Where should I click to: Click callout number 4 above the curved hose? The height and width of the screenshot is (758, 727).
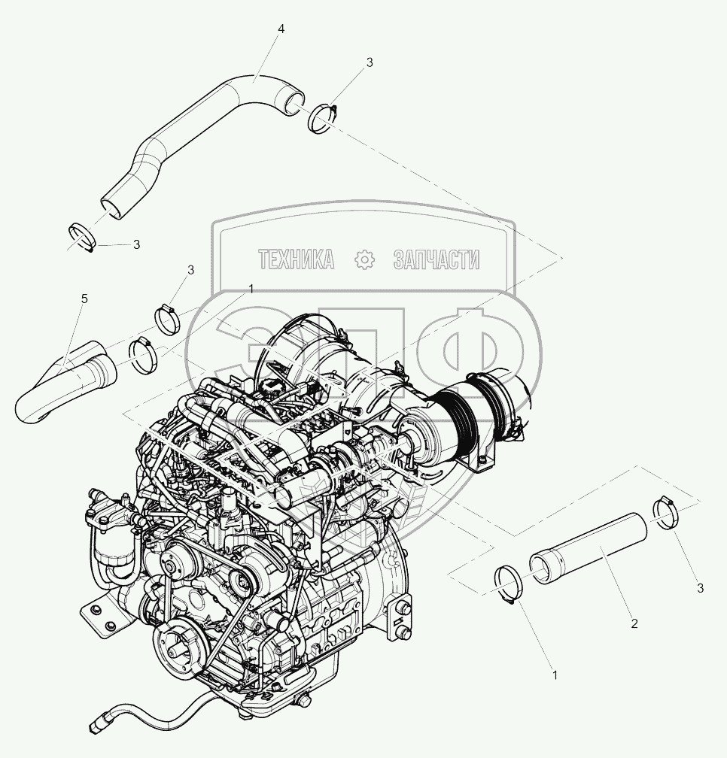[x=281, y=29]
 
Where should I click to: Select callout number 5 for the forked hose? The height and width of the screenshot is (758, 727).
[x=84, y=299]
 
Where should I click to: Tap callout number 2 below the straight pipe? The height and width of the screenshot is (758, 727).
[x=634, y=623]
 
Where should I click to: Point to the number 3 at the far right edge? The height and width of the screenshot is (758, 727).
[x=700, y=588]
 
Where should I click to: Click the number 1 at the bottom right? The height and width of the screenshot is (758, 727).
[x=555, y=675]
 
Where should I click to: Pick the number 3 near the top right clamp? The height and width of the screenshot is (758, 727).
[x=370, y=62]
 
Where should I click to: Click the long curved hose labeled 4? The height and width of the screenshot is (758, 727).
[x=193, y=140]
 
